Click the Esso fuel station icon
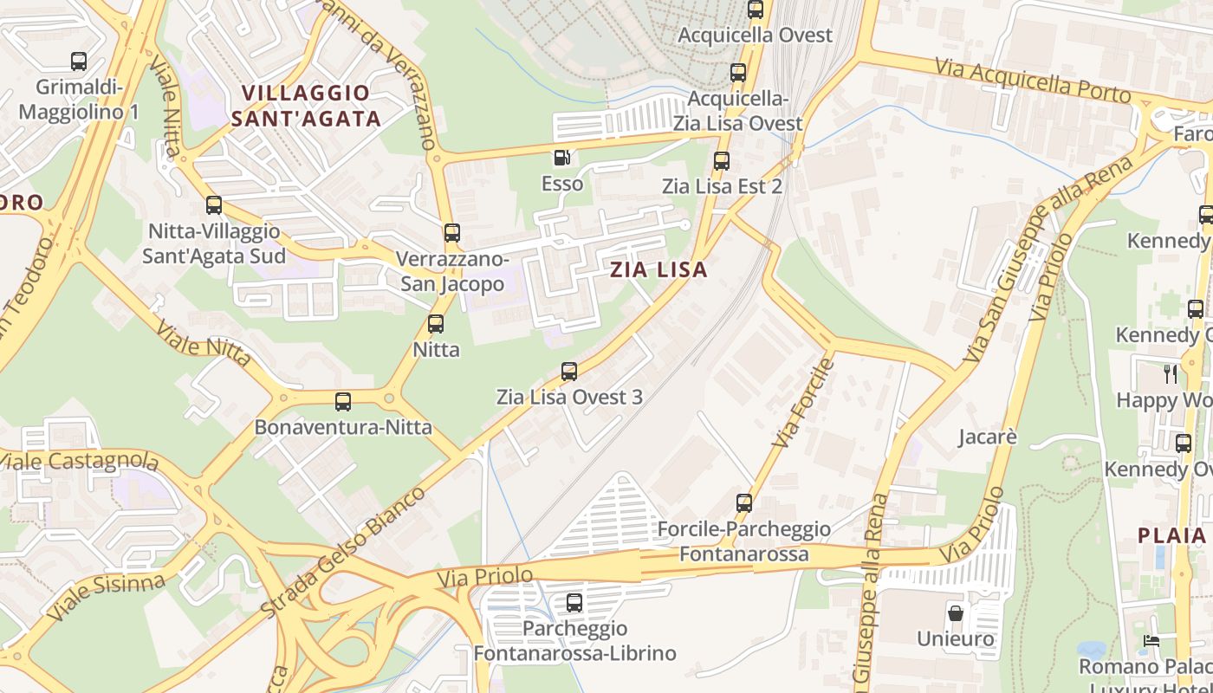click(562, 158)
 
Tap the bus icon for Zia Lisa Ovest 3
click(569, 372)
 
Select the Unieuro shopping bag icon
click(956, 613)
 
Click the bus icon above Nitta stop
click(436, 324)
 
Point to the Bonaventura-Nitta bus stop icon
click(343, 402)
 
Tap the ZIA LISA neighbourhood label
click(658, 269)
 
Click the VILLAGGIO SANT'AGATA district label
click(306, 106)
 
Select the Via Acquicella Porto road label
click(1033, 81)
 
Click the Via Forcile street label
click(801, 403)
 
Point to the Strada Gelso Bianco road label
click(343, 552)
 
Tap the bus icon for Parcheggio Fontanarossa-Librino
click(574, 602)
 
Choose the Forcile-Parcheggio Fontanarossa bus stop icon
click(744, 502)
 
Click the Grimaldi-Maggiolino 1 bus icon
click(79, 62)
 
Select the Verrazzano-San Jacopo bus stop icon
click(452, 232)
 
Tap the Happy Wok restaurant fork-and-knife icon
click(1171, 374)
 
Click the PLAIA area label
click(1171, 534)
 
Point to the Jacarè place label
click(987, 437)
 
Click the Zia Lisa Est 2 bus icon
click(722, 161)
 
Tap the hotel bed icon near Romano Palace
click(1151, 642)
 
